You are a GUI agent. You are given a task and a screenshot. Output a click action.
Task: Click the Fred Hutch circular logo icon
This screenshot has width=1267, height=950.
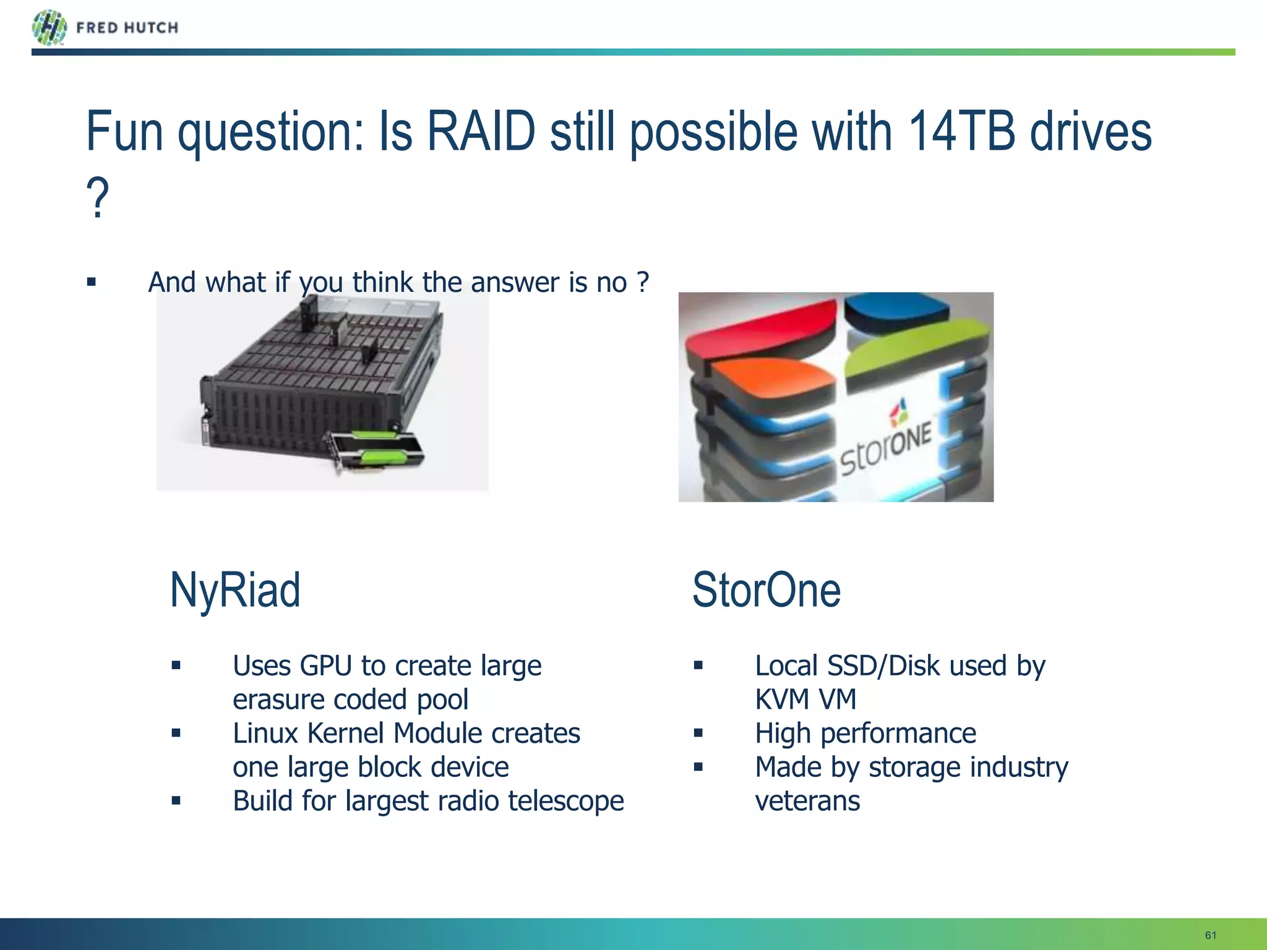[49, 28]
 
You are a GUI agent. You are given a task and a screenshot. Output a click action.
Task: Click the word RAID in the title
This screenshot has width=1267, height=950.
[481, 132]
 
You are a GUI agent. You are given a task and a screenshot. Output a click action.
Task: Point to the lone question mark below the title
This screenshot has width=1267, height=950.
[98, 198]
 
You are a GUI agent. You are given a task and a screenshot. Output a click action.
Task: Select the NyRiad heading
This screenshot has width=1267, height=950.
[235, 591]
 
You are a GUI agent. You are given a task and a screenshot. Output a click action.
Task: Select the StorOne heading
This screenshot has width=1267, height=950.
[766, 591]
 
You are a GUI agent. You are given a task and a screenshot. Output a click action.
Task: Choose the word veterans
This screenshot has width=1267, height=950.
[807, 801]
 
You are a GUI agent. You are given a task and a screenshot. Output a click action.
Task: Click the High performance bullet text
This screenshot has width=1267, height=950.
[865, 734]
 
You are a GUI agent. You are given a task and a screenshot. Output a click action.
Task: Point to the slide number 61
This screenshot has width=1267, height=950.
[1211, 935]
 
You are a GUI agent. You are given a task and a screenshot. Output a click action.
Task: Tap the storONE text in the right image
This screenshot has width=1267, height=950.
[886, 450]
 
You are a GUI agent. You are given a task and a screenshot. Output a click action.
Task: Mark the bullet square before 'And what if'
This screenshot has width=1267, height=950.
[92, 283]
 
